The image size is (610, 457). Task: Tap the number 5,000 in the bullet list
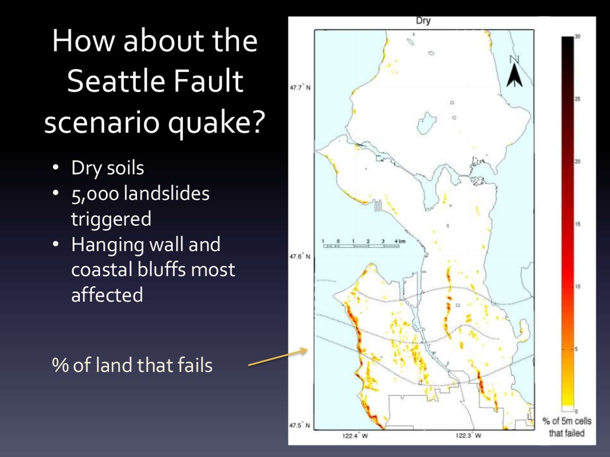pos(95,194)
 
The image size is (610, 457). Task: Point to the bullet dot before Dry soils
pos(56,167)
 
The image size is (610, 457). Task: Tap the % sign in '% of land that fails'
pos(60,365)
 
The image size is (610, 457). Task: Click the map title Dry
pos(423,21)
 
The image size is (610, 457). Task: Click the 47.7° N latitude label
pos(300,88)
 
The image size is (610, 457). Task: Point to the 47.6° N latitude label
pos(300,256)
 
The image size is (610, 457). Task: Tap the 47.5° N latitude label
pos(300,425)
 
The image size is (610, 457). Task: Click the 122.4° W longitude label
pos(355,436)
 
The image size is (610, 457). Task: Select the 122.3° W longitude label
pos(468,436)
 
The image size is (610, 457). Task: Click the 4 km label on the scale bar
pos(400,242)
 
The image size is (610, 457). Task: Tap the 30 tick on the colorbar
pos(577,36)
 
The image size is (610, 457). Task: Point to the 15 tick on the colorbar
pos(577,224)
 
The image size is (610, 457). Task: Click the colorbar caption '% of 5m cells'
pos(567,421)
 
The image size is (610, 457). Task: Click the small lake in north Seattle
pos(426,123)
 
